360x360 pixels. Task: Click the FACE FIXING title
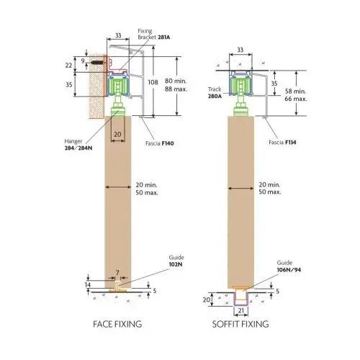tap(117, 324)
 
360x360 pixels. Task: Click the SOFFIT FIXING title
tap(240, 324)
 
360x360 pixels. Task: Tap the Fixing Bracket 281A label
tap(154, 34)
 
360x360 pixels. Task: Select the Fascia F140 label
tap(160, 143)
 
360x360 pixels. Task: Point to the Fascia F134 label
tap(282, 143)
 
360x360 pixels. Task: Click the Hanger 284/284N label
tap(78, 145)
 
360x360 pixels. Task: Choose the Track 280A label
tap(215, 93)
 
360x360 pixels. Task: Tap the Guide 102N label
tap(176, 261)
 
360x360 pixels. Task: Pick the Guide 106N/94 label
tap(289, 266)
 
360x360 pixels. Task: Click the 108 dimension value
tap(153, 82)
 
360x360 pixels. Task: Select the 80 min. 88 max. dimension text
tap(176, 85)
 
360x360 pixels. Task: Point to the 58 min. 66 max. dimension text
tap(296, 95)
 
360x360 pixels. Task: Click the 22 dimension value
tap(68, 65)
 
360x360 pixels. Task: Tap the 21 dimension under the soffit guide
tap(241, 310)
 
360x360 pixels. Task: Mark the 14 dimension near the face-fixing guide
tap(88, 285)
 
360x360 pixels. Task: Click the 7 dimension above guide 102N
tap(117, 273)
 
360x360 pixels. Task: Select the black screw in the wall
tap(98, 63)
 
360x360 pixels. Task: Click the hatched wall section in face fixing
tap(97, 86)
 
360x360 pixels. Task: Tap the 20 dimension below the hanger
tap(117, 134)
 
